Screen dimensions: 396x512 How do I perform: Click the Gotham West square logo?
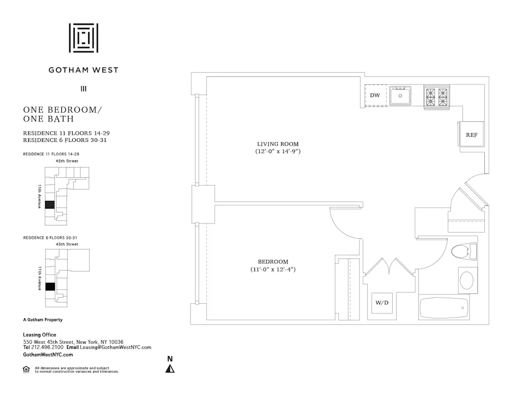tap(83, 37)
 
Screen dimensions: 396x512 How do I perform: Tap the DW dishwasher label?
tap(375, 95)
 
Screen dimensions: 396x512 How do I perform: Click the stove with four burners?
tap(436, 96)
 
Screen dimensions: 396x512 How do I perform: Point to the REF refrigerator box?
tap(471, 134)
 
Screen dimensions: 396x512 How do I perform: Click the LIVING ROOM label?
tap(278, 144)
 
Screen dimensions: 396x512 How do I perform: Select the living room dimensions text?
tap(278, 152)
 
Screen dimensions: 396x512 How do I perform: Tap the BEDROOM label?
tap(273, 262)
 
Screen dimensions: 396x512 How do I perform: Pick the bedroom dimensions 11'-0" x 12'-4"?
tap(273, 269)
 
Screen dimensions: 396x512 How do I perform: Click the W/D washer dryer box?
tap(382, 303)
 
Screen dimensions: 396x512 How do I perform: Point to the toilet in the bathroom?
tap(463, 252)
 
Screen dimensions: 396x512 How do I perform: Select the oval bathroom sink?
tap(467, 280)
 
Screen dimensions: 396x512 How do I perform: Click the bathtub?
tap(443, 308)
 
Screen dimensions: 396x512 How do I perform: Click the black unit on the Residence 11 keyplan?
tap(49, 205)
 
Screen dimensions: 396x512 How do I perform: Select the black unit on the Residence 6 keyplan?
tap(50, 286)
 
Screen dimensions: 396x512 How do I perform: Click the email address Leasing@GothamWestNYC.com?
tap(116, 347)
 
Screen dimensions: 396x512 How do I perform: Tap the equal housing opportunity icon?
tap(26, 369)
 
